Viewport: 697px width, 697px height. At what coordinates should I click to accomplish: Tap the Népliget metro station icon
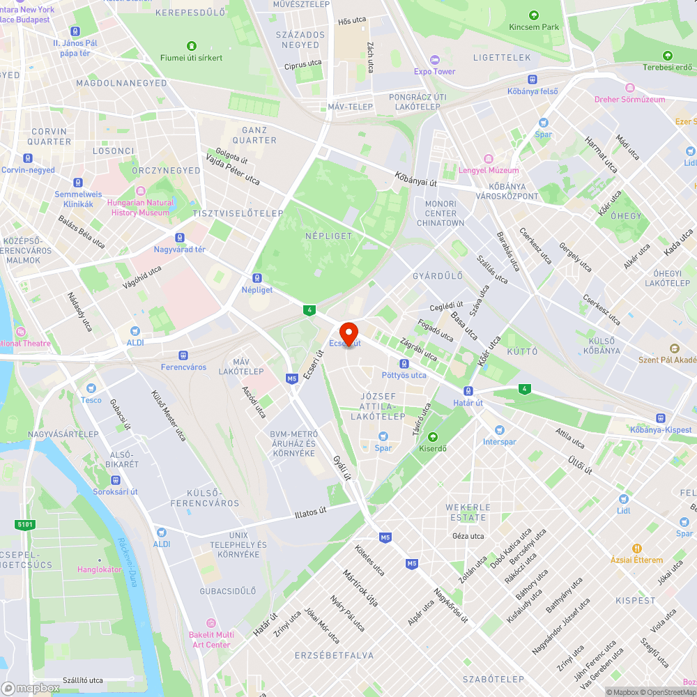pos(258,277)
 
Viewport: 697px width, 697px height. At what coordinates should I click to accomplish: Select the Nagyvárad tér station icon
pos(180,238)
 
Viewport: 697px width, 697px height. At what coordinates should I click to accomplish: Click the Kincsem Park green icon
pos(534,15)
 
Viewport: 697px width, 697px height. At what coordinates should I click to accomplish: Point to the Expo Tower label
pos(434,71)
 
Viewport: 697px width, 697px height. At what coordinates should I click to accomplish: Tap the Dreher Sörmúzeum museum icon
pos(630,88)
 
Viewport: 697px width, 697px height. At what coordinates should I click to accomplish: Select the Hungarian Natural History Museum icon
pos(140,191)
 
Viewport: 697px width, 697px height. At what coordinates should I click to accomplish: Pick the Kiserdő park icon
pos(433,437)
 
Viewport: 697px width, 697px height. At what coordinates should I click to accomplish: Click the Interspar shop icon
pos(499,430)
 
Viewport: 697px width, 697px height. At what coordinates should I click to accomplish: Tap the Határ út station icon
pos(468,391)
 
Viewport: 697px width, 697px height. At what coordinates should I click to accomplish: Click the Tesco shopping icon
pos(91,388)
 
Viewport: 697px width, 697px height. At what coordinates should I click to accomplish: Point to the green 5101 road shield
pos(24,524)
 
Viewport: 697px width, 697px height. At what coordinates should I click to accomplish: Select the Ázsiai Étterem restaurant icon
pos(637,549)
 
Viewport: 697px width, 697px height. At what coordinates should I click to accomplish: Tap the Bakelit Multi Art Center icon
pos(211,623)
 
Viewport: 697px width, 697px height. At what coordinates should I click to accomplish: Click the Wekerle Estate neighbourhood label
pos(468,512)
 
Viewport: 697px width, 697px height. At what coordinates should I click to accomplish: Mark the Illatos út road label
pos(310,513)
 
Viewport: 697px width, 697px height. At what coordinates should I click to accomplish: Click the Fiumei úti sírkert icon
pos(192,45)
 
